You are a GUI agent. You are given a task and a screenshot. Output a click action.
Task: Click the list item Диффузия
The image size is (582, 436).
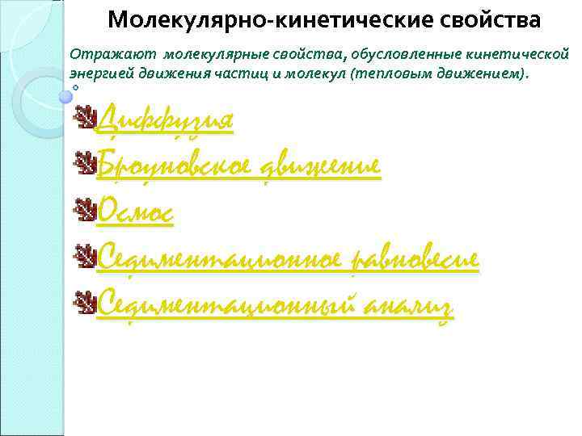tap(165, 121)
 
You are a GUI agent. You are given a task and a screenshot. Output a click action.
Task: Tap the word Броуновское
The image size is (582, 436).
tap(176, 166)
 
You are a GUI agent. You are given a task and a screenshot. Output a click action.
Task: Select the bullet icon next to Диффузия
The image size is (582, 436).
tap(83, 119)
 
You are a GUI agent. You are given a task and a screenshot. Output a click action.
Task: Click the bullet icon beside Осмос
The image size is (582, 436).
tap(83, 212)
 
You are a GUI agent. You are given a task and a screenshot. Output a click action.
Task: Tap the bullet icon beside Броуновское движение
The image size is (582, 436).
tap(83, 165)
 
